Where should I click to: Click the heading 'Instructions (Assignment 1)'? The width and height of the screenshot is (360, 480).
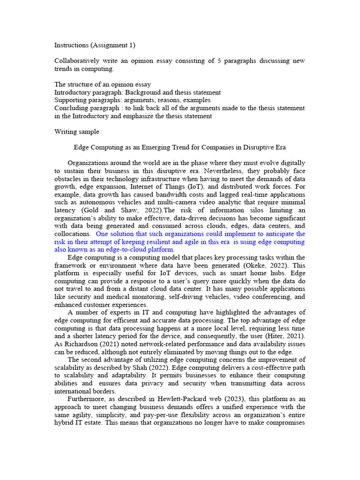click(95, 45)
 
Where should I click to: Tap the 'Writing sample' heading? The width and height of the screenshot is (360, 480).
click(77, 132)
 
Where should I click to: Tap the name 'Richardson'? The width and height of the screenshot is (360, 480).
click(80, 344)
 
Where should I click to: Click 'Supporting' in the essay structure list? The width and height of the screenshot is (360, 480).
click(70, 100)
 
